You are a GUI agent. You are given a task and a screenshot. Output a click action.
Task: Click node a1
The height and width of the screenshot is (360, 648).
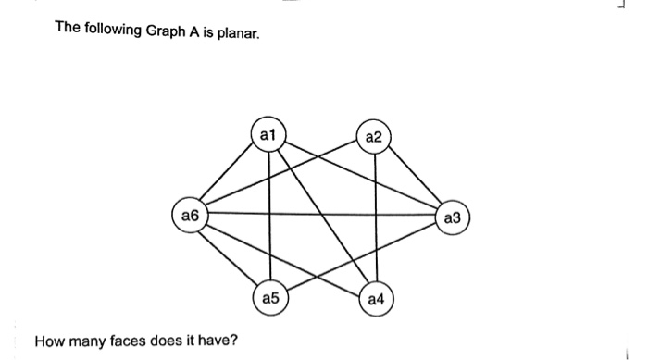(268, 135)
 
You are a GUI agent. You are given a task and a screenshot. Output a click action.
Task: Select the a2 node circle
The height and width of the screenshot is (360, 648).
(374, 138)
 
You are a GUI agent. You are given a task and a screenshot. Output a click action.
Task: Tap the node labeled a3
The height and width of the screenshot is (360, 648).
(452, 218)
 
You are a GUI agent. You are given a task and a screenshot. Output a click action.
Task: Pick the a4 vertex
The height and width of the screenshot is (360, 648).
(375, 300)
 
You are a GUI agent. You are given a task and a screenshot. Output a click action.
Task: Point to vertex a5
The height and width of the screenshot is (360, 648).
(269, 299)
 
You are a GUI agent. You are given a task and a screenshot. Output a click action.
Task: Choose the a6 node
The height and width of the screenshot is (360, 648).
(189, 215)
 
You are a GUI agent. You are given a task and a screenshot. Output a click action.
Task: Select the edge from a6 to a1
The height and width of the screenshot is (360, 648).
(227, 176)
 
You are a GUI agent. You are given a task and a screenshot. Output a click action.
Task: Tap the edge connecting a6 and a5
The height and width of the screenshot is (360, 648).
(229, 256)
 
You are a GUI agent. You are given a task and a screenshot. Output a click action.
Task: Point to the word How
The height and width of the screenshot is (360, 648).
(49, 341)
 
